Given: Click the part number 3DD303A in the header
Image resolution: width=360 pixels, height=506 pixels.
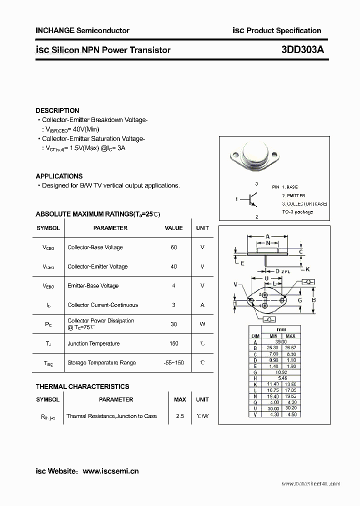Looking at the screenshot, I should pos(302,50).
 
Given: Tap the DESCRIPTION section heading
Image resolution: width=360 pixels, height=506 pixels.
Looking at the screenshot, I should pos(57,110).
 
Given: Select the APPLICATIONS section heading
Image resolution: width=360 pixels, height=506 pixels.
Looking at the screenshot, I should pos(59,176).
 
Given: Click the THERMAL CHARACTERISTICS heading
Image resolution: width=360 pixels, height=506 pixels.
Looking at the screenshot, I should pos(82,386).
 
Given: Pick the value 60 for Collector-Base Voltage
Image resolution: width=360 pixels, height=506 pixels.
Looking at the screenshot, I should pos(173,247).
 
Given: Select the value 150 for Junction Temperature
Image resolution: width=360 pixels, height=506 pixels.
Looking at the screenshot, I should pos(173,343).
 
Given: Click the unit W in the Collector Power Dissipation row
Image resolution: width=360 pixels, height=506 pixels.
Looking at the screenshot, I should pos(202,324).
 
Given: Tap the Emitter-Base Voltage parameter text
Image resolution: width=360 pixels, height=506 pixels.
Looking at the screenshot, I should pos(93,286).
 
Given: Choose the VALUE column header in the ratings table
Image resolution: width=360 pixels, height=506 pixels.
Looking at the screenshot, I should pos(173,228).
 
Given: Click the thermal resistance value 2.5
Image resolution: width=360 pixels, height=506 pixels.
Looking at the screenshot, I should pos(179,416).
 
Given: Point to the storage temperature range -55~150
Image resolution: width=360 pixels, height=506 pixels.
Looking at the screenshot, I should pos(173,362).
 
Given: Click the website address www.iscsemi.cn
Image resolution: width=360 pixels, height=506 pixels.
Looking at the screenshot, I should pos(110,471).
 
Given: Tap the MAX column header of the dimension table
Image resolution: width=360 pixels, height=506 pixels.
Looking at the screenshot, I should pos(290,336).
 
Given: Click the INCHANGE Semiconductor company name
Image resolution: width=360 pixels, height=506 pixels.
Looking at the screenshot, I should pos(82,30).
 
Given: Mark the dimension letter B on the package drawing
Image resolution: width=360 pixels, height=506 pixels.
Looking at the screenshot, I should pos(313,300).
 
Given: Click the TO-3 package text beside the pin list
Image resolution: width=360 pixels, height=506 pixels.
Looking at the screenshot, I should pos(297,212).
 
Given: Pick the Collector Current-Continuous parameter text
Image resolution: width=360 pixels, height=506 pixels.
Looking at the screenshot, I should pos(102,305).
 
